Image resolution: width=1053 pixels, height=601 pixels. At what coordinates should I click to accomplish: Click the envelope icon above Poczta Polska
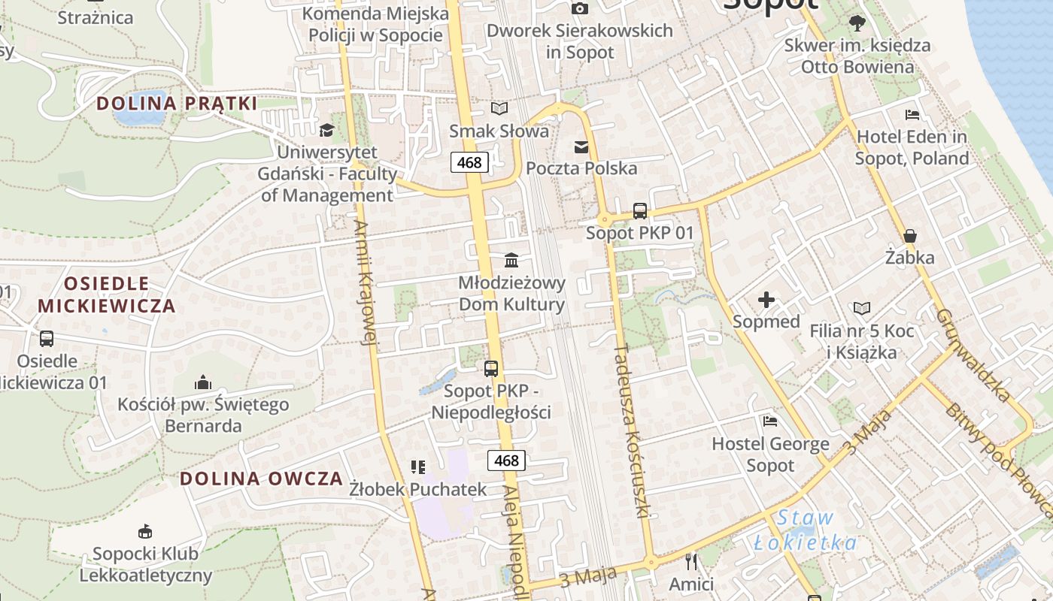click(581, 146)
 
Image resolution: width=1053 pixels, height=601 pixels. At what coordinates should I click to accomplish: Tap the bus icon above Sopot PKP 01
click(640, 211)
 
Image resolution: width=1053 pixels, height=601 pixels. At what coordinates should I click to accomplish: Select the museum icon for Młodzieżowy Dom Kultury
click(511, 261)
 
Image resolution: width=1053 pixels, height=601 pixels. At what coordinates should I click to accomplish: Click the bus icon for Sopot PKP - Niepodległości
click(491, 369)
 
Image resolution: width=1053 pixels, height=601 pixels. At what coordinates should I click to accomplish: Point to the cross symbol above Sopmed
click(766, 300)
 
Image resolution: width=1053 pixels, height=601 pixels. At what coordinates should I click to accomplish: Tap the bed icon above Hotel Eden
click(912, 116)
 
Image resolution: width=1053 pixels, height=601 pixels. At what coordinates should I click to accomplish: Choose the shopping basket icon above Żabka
click(909, 236)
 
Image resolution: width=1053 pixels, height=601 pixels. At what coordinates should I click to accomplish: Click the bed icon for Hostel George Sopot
click(769, 421)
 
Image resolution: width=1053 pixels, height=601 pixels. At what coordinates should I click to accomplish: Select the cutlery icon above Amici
click(691, 561)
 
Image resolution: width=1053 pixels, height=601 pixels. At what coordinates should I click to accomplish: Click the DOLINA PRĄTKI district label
click(178, 104)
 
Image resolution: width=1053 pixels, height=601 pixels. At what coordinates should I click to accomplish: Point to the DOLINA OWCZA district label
click(262, 479)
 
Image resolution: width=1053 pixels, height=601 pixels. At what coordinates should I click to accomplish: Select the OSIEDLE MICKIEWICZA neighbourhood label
click(107, 294)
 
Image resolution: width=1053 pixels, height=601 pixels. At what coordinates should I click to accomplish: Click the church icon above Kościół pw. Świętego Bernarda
click(202, 383)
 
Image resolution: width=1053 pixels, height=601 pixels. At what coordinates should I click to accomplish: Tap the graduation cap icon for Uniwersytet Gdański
click(326, 131)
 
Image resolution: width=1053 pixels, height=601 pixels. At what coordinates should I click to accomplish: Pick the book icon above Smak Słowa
click(499, 109)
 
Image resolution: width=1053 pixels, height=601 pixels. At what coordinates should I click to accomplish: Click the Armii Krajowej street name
click(365, 282)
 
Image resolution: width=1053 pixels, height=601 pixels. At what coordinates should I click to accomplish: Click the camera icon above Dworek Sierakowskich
click(579, 8)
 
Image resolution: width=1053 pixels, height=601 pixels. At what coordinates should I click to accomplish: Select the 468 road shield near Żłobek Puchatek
click(506, 461)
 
